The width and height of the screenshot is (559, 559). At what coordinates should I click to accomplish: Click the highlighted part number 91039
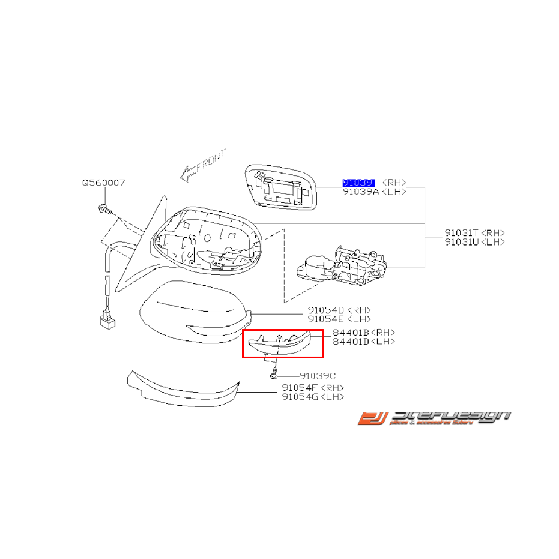(x=358, y=182)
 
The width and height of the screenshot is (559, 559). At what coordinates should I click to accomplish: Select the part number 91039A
(x=360, y=191)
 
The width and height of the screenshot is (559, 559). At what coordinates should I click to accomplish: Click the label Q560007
(x=103, y=182)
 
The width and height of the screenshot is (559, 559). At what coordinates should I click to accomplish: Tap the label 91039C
(x=318, y=376)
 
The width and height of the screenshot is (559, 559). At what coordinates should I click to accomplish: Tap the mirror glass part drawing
(x=281, y=187)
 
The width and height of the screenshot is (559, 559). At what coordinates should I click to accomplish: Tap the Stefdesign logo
(x=434, y=418)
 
